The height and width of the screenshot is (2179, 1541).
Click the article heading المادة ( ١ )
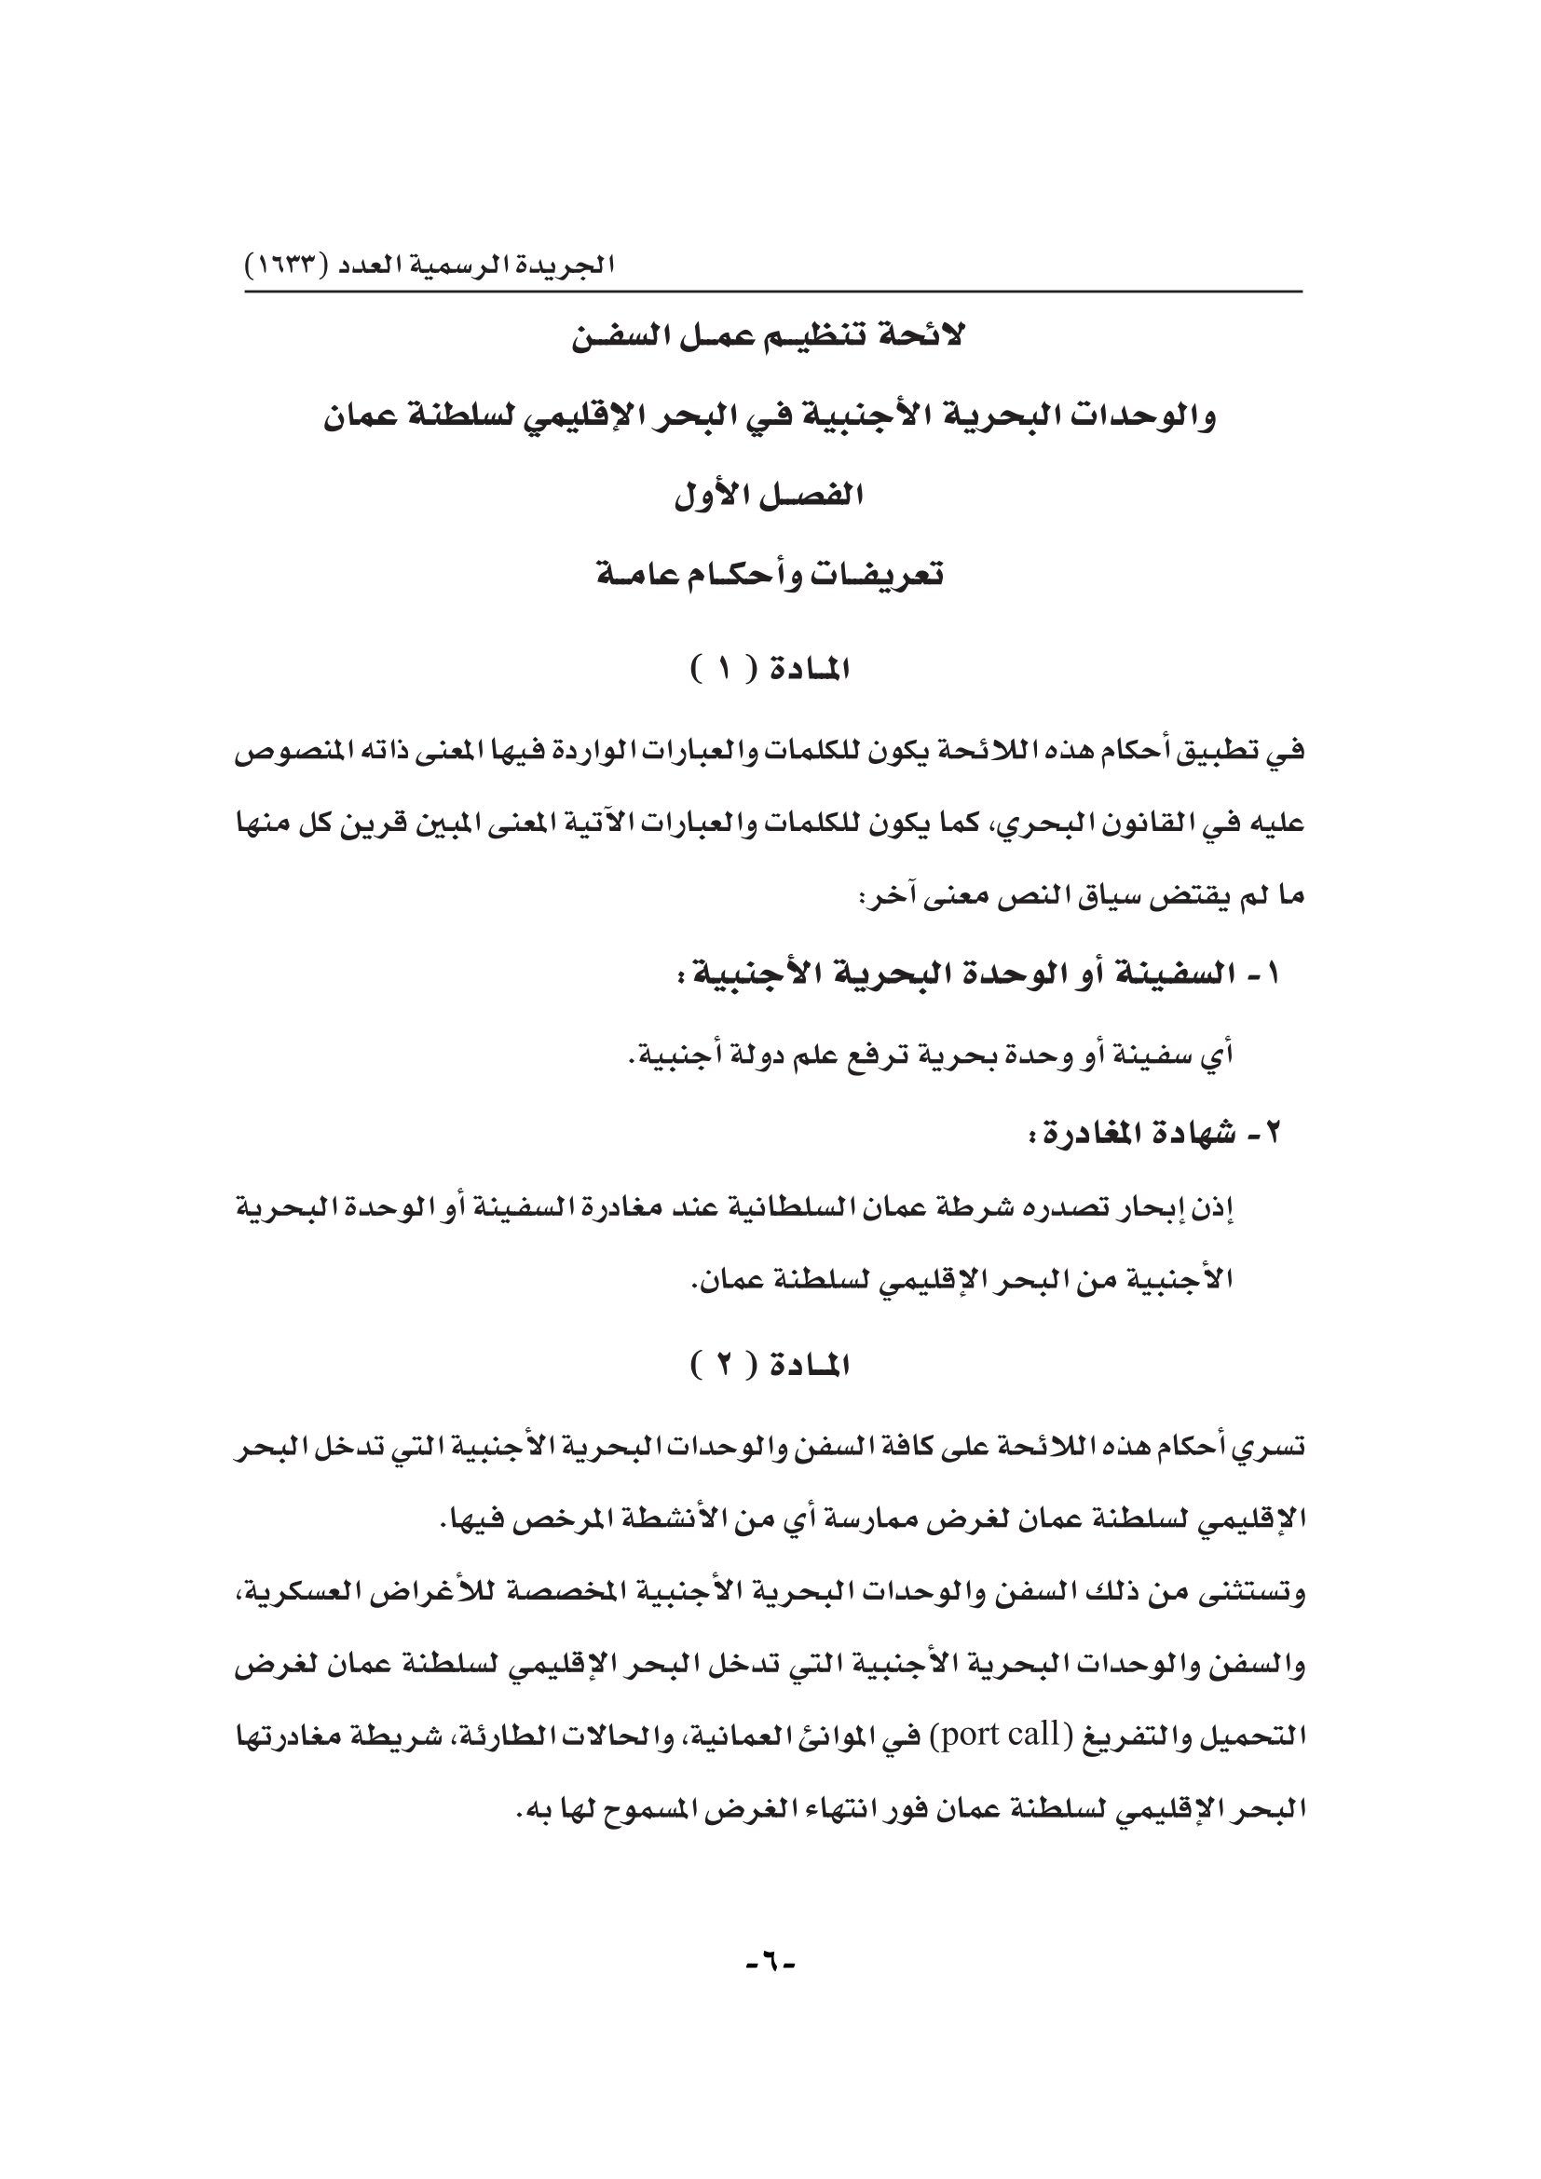pos(770,670)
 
